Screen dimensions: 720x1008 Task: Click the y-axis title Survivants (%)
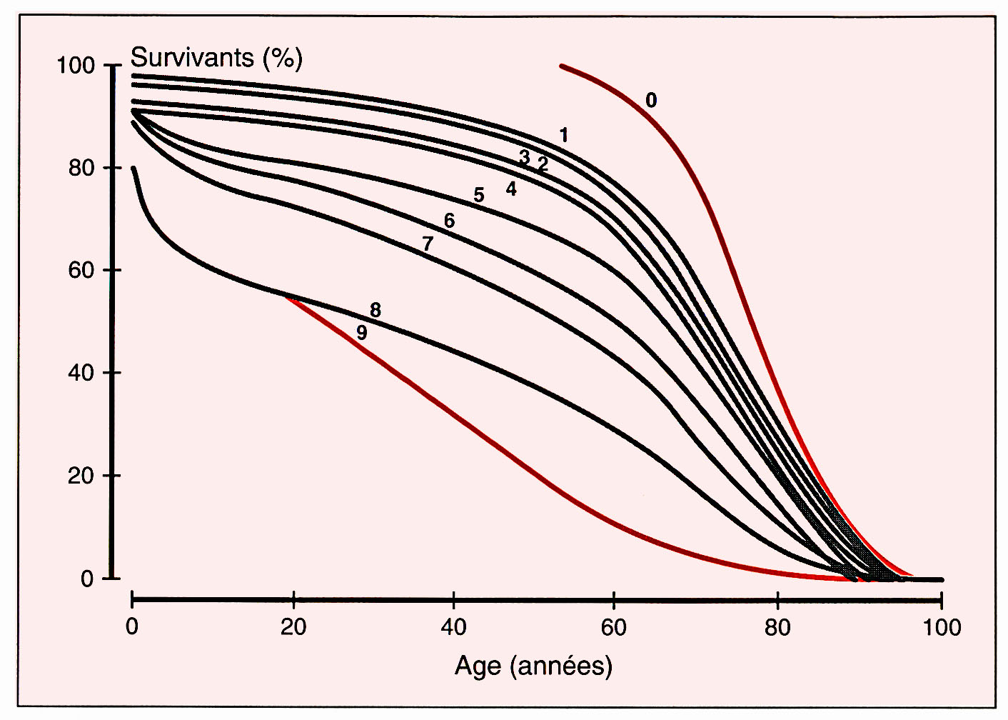click(216, 57)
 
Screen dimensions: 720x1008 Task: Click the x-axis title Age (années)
click(533, 666)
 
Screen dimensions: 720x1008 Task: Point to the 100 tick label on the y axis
click(75, 66)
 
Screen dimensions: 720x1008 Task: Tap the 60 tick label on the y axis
click(81, 271)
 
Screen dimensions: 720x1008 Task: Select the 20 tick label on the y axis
click(81, 476)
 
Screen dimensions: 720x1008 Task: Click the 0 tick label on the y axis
click(87, 579)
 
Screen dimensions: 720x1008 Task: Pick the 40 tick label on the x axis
click(453, 629)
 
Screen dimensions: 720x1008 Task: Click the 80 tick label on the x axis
click(777, 629)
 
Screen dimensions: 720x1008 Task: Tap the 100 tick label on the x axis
click(941, 629)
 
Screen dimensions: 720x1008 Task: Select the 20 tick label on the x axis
click(293, 629)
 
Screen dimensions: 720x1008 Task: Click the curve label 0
click(650, 101)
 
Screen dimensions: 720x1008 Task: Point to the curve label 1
click(564, 135)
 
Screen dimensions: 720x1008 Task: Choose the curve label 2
click(543, 165)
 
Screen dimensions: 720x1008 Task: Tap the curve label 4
click(511, 189)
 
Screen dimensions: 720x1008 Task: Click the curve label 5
click(478, 195)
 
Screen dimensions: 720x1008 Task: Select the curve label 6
click(449, 221)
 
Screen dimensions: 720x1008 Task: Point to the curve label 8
click(376, 311)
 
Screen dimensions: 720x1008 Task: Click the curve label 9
click(362, 333)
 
